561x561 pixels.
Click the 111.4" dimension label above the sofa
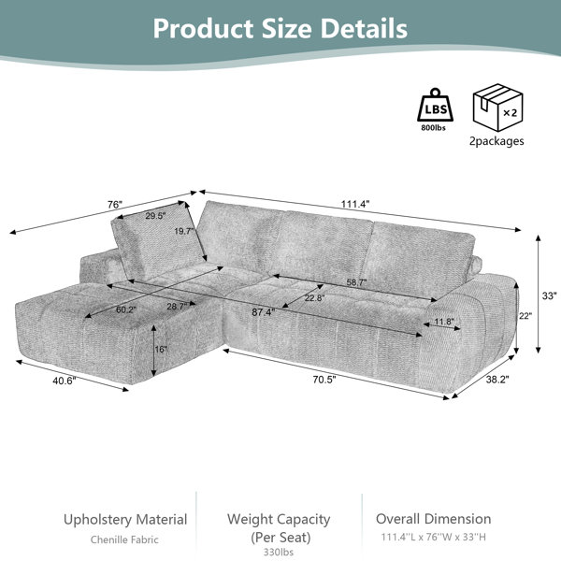pyautogui.click(x=355, y=204)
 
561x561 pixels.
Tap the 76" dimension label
pyautogui.click(x=115, y=205)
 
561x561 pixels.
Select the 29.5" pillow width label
pyautogui.click(x=155, y=216)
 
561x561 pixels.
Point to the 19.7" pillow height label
pyautogui.click(x=184, y=231)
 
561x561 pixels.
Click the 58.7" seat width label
pyautogui.click(x=356, y=282)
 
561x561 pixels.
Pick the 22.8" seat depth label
pyautogui.click(x=314, y=297)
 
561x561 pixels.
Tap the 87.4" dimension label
pyautogui.click(x=264, y=312)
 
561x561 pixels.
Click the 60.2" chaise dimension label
pyautogui.click(x=126, y=309)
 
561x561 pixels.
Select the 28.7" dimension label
pyautogui.click(x=177, y=307)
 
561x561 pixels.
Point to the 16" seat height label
pyautogui.click(x=161, y=349)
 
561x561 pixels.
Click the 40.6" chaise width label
pyautogui.click(x=65, y=381)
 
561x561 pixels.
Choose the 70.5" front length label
pyautogui.click(x=324, y=380)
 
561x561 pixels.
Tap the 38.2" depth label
pyautogui.click(x=497, y=380)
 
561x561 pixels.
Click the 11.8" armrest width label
pyautogui.click(x=444, y=322)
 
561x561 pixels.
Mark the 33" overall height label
pyautogui.click(x=549, y=295)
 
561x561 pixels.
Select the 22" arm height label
pyautogui.click(x=525, y=316)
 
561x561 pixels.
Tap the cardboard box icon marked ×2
pyautogui.click(x=497, y=108)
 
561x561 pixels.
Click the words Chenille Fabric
pyautogui.click(x=124, y=539)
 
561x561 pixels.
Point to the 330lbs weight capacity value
pyautogui.click(x=279, y=552)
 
